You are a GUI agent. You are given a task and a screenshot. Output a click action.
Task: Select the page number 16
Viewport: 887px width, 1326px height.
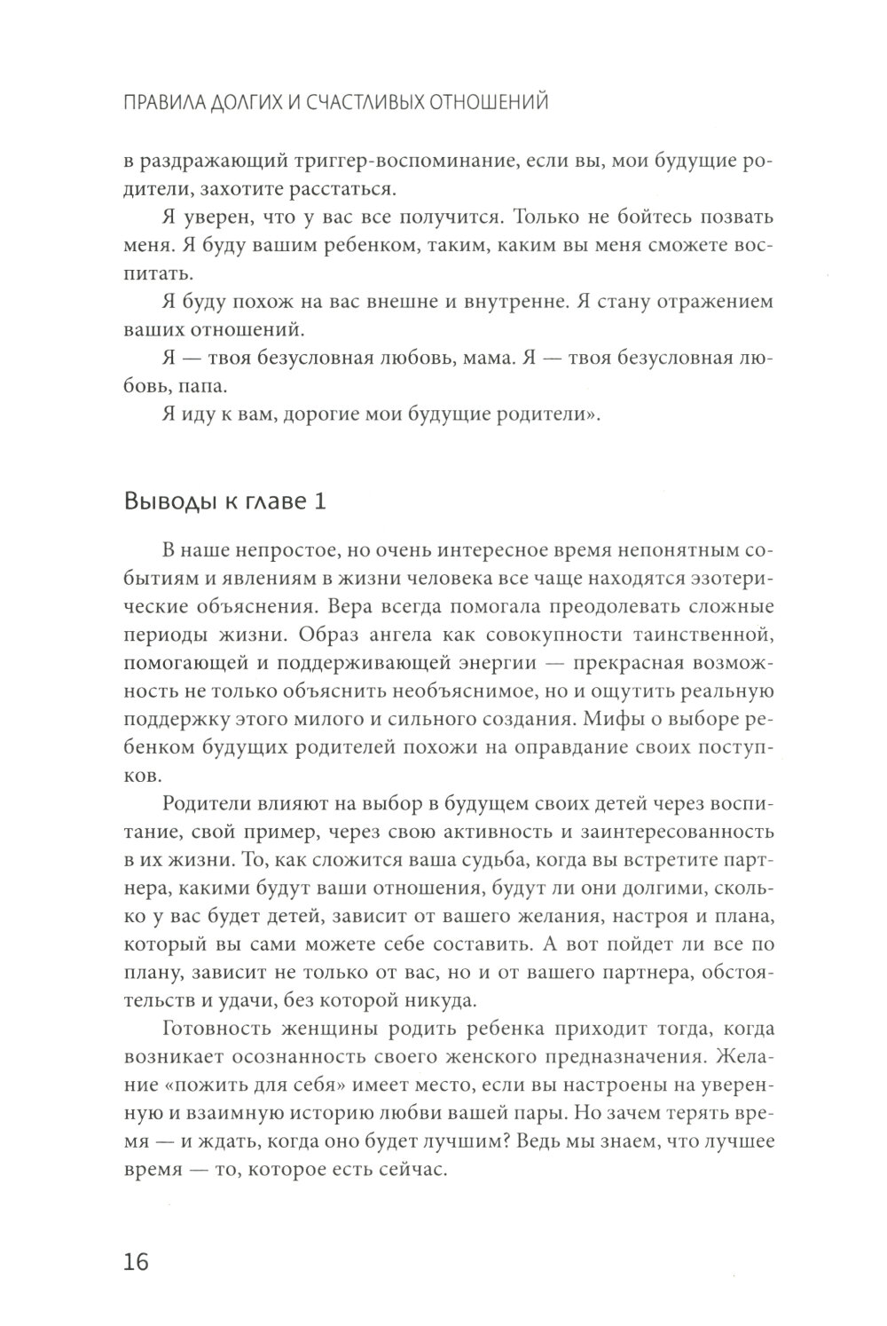[x=138, y=1261]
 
